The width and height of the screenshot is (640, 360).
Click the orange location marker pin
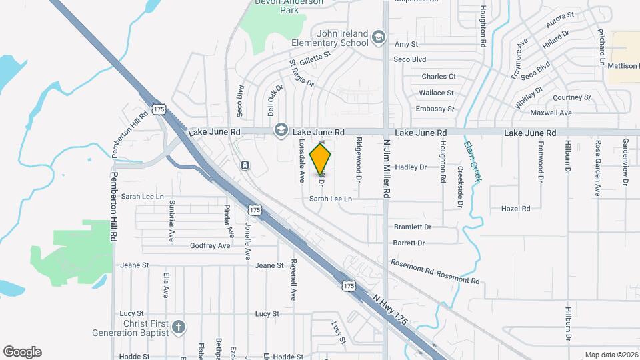pos(321,159)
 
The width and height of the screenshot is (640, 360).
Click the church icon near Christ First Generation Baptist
pos(178,327)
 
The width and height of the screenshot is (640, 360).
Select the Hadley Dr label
pos(411,167)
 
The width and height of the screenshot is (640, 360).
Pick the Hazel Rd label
pos(515,209)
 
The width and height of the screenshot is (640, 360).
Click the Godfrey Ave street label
pos(209,245)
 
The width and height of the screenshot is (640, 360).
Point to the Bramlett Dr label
pos(413,227)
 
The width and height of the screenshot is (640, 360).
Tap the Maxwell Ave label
pos(553,113)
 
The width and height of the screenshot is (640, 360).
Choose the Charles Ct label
pos(439,77)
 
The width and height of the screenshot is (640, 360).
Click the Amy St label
pos(406,44)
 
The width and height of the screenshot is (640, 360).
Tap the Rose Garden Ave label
pos(598,168)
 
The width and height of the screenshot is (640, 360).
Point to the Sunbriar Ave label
pos(172,221)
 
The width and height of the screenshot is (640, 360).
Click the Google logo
pos(22,351)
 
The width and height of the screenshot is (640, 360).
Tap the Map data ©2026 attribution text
pos(611,355)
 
